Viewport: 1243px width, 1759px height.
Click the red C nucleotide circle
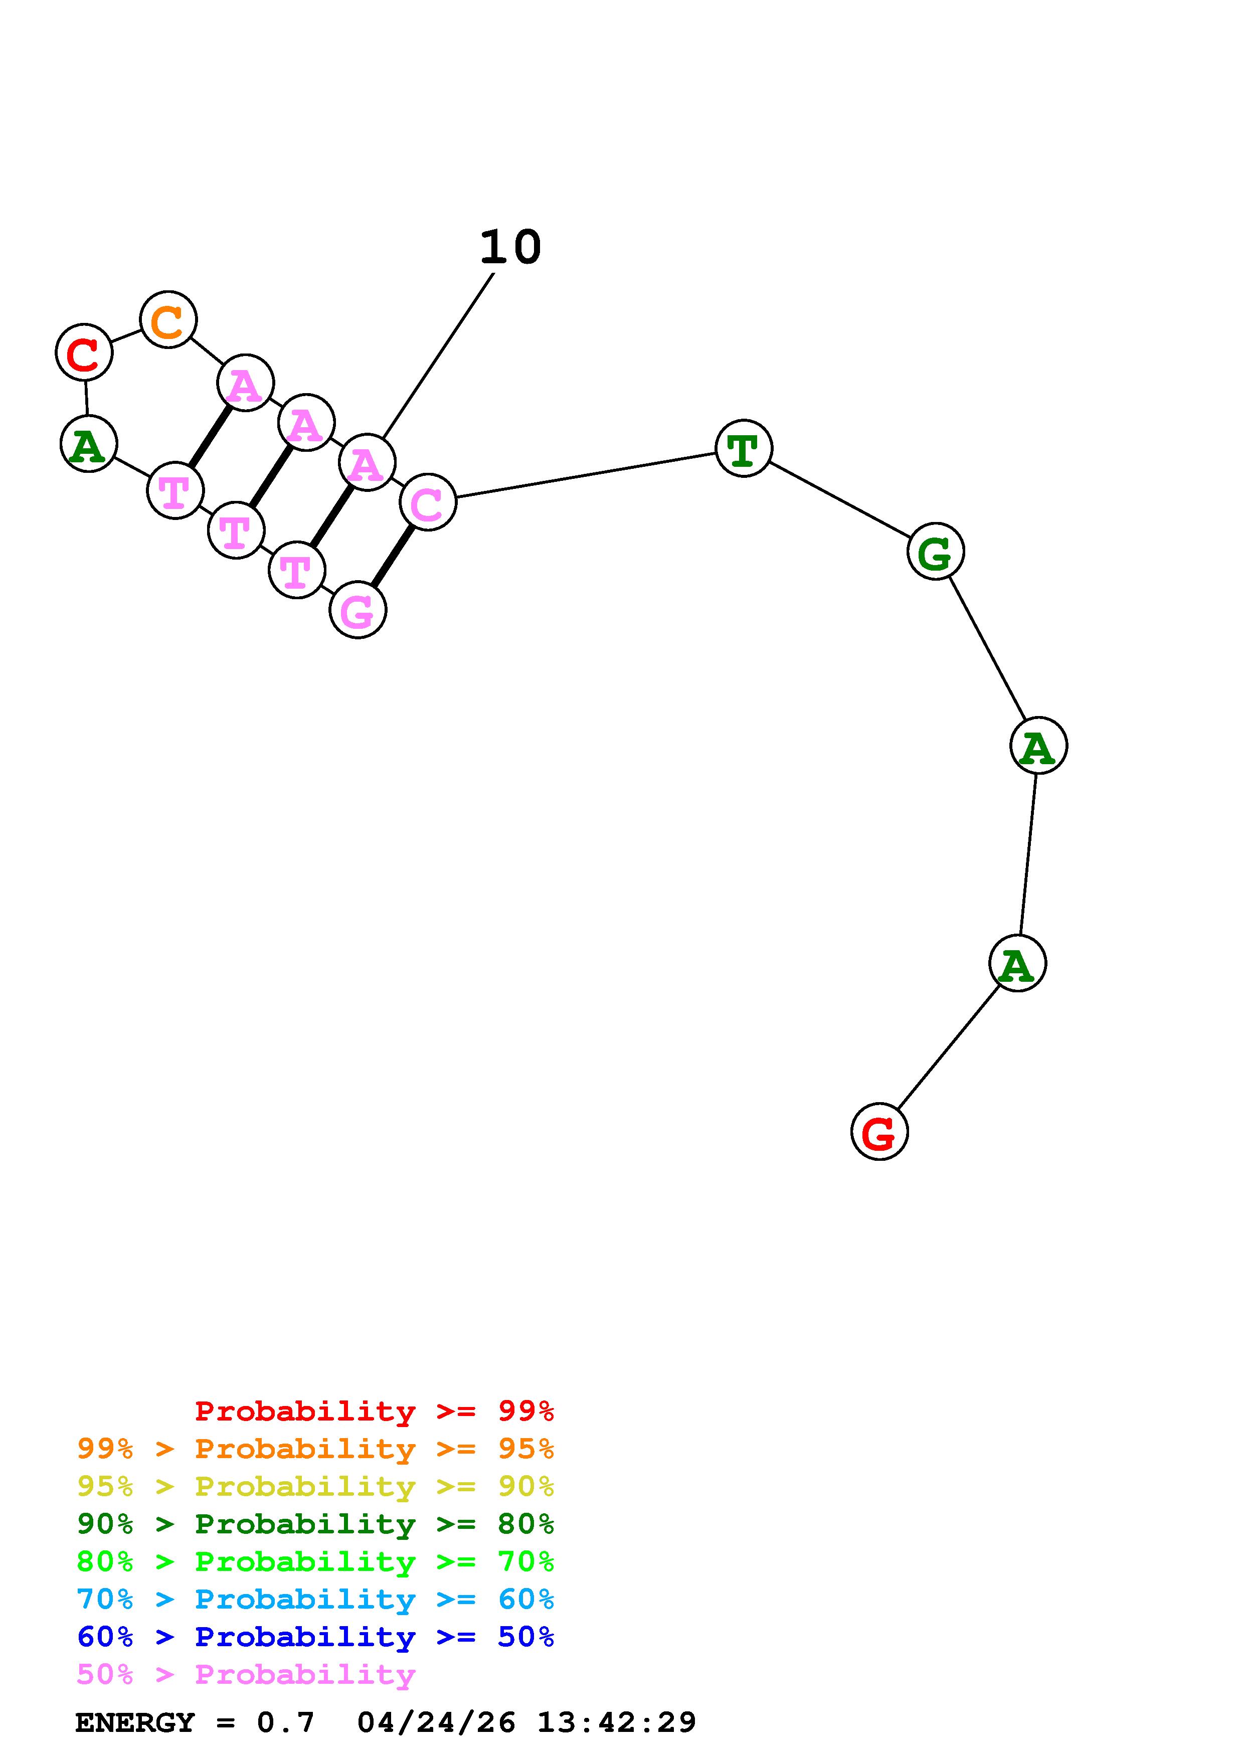tap(84, 353)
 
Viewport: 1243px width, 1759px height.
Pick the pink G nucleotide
tap(358, 610)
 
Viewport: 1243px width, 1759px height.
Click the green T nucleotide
tap(744, 448)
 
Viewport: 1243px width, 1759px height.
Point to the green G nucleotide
tap(935, 551)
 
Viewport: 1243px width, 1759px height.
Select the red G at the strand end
tap(879, 1132)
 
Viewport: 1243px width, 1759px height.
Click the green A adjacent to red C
tap(89, 444)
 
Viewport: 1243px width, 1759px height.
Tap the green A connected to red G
tap(1017, 963)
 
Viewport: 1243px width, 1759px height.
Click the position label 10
tap(511, 248)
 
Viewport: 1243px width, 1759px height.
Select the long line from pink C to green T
tap(586, 475)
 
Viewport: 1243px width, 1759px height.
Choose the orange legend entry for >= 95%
tap(315, 1449)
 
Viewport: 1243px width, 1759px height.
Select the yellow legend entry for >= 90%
tap(315, 1486)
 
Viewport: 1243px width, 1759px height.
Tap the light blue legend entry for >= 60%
tap(315, 1599)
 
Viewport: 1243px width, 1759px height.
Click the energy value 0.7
tap(286, 1722)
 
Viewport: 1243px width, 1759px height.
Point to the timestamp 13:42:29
tap(617, 1722)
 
